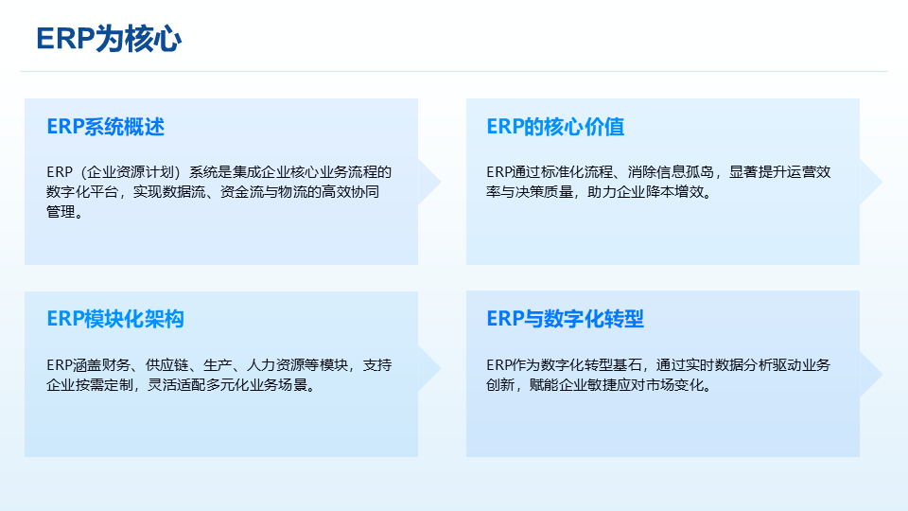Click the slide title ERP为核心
click(109, 39)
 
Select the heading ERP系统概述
click(105, 127)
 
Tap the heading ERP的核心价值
click(555, 127)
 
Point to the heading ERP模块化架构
click(115, 319)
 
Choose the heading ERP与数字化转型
click(566, 319)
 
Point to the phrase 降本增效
click(673, 192)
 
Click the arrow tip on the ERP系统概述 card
click(441, 182)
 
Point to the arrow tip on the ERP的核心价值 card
click(882, 182)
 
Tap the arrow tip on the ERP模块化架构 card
click(441, 368)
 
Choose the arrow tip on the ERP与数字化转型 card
click(882, 375)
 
